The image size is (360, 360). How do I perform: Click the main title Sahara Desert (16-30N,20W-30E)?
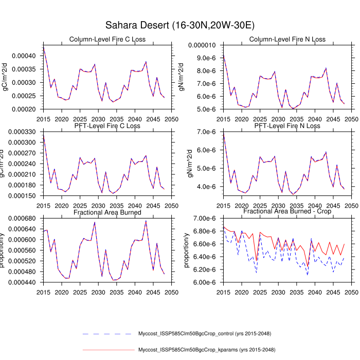click(x=180, y=25)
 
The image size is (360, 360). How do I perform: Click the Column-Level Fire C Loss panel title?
click(x=107, y=40)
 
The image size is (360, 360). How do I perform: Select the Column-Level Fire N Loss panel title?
click(x=287, y=40)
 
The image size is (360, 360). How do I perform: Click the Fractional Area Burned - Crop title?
click(x=287, y=212)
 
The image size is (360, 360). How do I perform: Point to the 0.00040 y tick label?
click(x=24, y=56)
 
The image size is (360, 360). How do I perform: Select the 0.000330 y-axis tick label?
click(x=22, y=132)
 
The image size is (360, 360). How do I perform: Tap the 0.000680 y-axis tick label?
click(x=22, y=219)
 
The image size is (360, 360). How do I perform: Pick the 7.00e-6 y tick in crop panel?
click(x=205, y=219)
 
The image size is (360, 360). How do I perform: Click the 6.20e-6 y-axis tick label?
click(x=205, y=269)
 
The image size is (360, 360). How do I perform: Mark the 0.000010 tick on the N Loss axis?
click(x=205, y=45)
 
